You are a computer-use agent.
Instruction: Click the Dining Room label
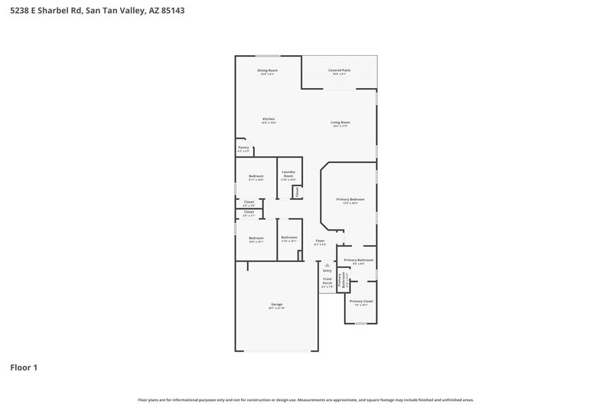(x=268, y=70)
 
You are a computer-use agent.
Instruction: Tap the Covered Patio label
(x=340, y=70)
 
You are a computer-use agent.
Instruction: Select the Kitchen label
(x=269, y=119)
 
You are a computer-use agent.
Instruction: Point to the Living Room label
(x=340, y=122)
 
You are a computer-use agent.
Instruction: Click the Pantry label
(x=243, y=148)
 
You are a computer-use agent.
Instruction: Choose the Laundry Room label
(x=288, y=175)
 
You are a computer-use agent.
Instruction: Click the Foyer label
(x=321, y=241)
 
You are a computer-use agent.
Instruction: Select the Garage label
(x=276, y=305)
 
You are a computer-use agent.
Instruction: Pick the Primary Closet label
(x=361, y=302)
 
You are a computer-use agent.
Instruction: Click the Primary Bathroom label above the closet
(x=358, y=260)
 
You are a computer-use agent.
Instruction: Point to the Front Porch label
(x=327, y=280)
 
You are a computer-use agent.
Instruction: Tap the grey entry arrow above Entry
(x=327, y=265)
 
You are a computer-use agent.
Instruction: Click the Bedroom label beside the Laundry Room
(x=256, y=176)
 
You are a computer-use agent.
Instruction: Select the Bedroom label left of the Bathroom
(x=256, y=238)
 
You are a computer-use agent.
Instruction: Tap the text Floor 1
(x=24, y=367)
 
